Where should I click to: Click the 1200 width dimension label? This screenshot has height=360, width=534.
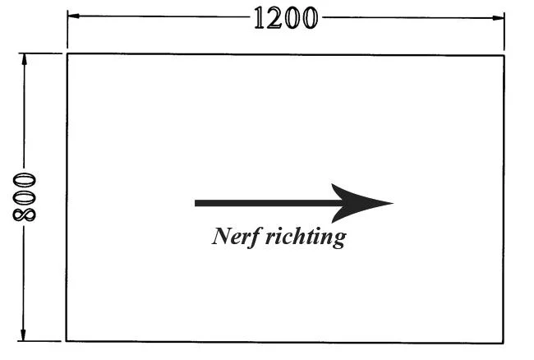pyautogui.click(x=286, y=18)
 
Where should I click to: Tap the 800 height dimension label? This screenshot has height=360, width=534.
pyautogui.click(x=24, y=197)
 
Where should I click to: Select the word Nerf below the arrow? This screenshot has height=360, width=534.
pyautogui.click(x=237, y=237)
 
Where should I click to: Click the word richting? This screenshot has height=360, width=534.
pyautogui.click(x=306, y=237)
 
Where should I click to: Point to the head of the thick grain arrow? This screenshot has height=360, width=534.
pyautogui.click(x=393, y=203)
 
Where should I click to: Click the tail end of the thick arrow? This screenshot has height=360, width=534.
pyautogui.click(x=196, y=203)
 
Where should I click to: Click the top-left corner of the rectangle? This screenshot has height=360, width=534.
pyautogui.click(x=67, y=54)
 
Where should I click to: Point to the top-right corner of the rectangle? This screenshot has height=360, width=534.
pyautogui.click(x=504, y=56)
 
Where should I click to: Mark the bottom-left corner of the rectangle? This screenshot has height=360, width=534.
pyautogui.click(x=67, y=340)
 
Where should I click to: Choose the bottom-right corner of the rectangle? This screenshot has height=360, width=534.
pyautogui.click(x=503, y=343)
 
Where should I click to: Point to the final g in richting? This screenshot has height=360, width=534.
pyautogui.click(x=338, y=240)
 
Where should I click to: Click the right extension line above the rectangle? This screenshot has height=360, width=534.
pyautogui.click(x=504, y=30)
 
